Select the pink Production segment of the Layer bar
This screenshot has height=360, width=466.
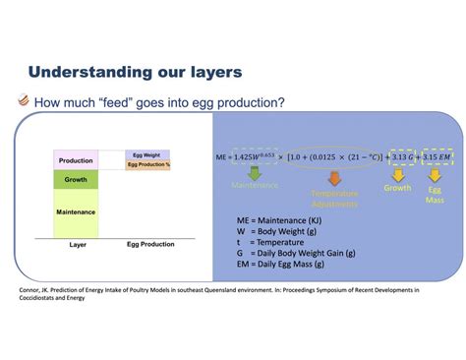pos(76,159)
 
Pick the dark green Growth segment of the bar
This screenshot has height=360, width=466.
pos(76,180)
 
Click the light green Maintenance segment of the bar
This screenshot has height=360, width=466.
pos(76,211)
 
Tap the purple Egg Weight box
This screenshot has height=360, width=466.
pos(149,153)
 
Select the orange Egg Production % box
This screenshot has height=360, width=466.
pos(149,163)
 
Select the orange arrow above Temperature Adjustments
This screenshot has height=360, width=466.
pos(333,177)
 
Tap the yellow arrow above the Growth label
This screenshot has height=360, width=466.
pos(396,173)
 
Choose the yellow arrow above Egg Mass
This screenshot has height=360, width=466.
pos(434,173)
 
